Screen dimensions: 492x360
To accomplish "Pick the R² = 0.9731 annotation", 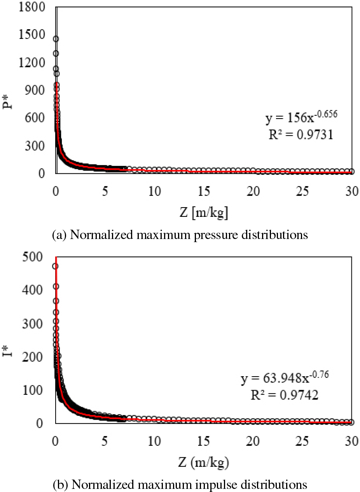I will (299, 136).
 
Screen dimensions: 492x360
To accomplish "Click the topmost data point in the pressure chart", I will (56, 39).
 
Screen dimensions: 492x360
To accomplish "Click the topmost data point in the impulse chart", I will (56, 266).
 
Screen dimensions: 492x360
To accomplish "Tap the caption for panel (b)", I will (180, 485).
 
